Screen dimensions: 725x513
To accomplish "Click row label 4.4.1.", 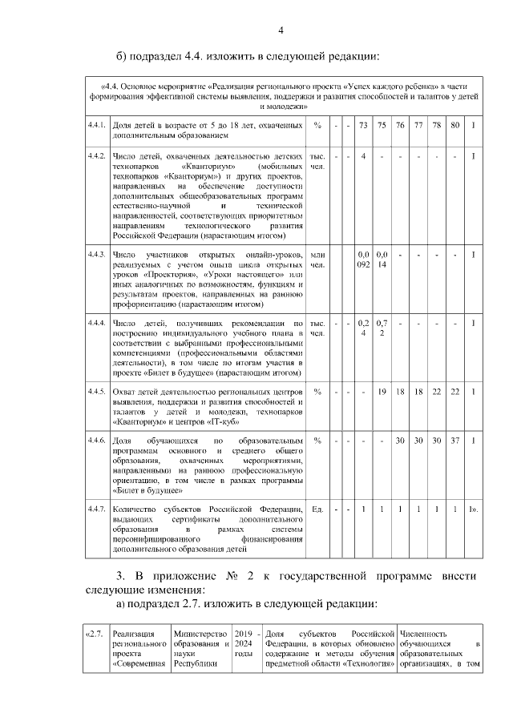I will click(96, 125).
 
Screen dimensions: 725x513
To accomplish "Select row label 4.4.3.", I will click(96, 254).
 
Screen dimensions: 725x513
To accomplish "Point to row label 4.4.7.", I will click(96, 509).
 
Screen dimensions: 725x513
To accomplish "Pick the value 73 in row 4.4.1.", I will click(363, 125).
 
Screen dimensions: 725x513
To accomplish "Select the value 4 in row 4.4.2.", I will click(363, 155).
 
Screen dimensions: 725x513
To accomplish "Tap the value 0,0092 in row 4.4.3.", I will click(363, 260).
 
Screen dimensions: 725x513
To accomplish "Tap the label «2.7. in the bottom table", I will click(94, 632).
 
